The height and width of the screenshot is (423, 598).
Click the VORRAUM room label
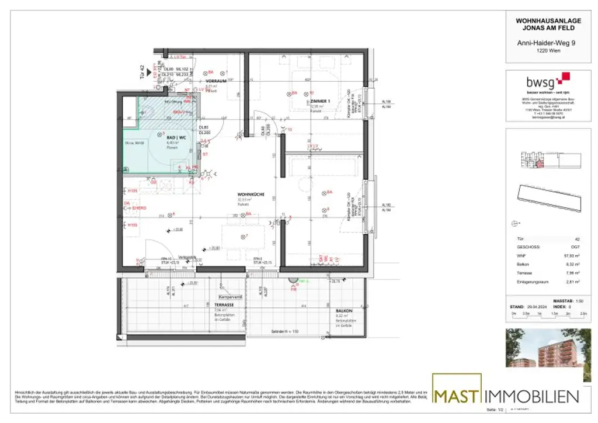pos(215,81)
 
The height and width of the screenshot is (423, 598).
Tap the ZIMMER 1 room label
pos(321,101)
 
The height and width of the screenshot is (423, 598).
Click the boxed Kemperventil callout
pos(230,296)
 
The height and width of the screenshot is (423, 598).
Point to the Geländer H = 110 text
pos(286,332)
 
